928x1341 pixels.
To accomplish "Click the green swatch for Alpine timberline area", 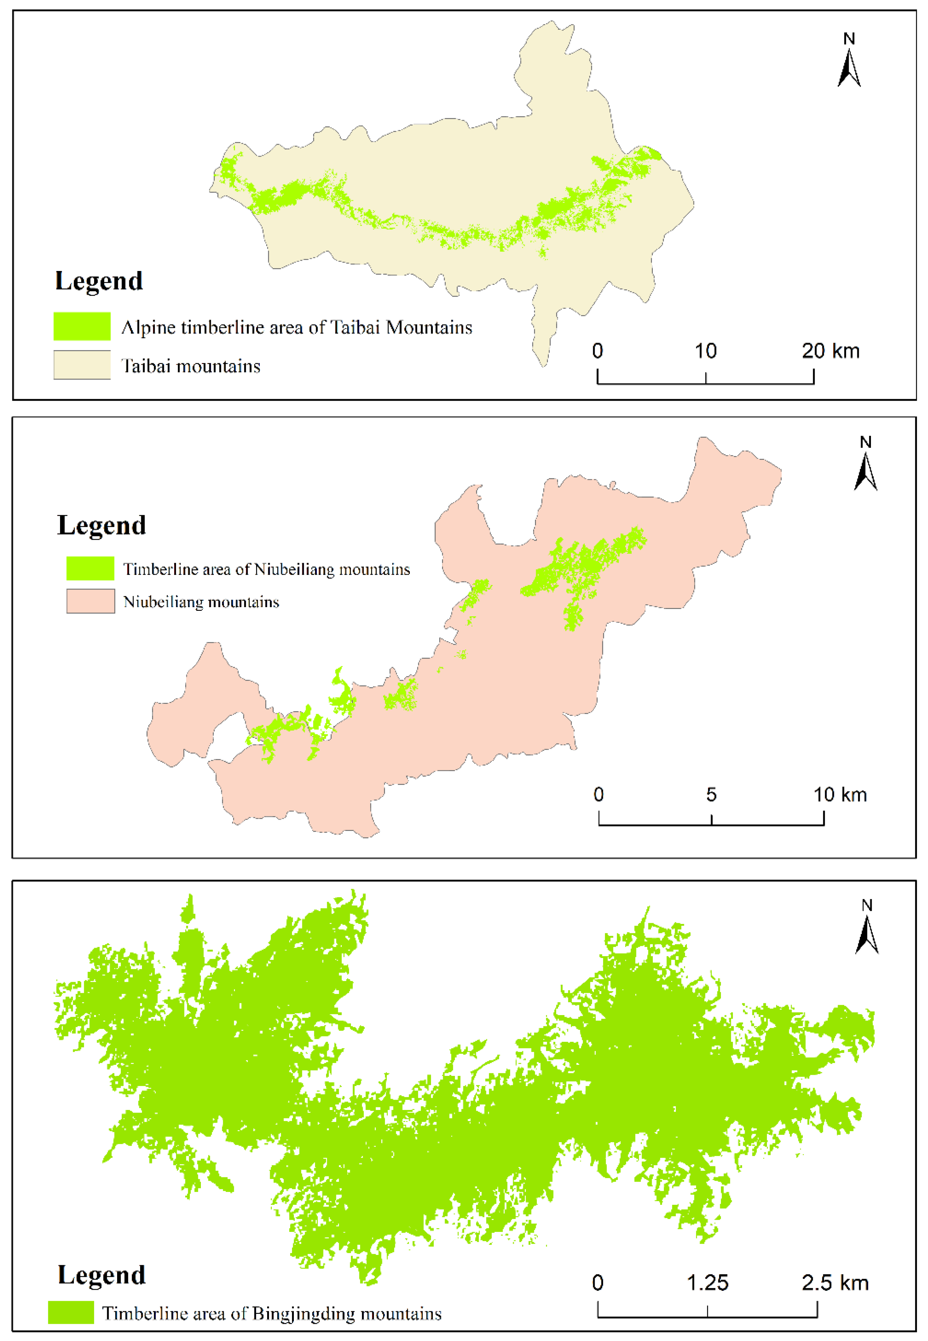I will [x=82, y=326].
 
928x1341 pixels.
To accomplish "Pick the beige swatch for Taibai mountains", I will [x=82, y=365].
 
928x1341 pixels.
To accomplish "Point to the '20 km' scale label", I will [x=830, y=351].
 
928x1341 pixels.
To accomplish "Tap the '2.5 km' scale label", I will [x=835, y=1283].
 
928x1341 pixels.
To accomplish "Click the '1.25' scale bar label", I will [x=708, y=1283].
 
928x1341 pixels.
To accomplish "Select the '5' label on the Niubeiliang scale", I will [x=711, y=795].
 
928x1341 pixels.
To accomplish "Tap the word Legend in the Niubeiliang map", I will [x=102, y=526].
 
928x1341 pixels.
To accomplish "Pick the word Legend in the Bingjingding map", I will [x=102, y=1275].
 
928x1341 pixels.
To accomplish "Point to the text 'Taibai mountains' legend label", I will [x=191, y=366].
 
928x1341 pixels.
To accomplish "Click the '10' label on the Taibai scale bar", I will [x=705, y=351].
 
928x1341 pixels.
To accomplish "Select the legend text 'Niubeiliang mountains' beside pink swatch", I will [x=201, y=602].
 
